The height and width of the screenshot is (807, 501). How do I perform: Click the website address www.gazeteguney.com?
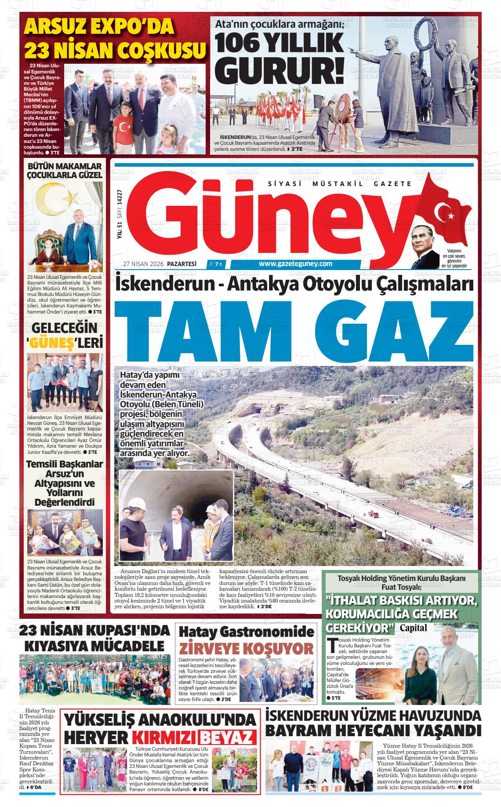[x=295, y=264]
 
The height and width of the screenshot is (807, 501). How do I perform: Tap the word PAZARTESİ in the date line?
[x=182, y=264]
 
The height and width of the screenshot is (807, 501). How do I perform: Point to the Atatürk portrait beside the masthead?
[x=425, y=247]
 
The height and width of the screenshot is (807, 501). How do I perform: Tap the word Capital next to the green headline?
[x=413, y=627]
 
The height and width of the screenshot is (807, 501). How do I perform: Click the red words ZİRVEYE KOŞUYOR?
[x=246, y=648]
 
